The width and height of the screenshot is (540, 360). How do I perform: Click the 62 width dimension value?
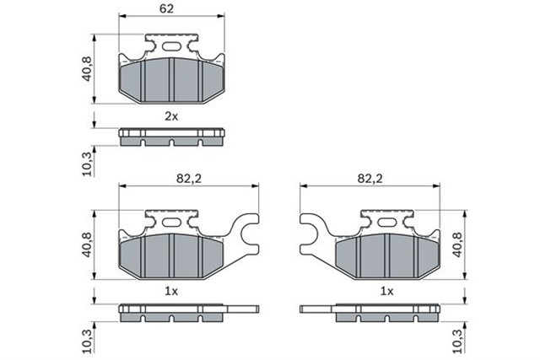click(170, 10)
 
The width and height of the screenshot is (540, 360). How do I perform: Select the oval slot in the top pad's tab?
click(171, 46)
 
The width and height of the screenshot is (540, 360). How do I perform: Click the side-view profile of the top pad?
click(172, 137)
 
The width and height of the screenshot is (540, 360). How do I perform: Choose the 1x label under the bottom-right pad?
click(386, 291)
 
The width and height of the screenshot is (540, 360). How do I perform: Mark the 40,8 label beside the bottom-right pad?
click(458, 244)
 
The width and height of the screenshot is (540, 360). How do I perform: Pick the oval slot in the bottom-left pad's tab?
click(171, 222)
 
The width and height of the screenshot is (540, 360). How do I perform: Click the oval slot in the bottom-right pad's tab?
click(386, 222)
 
